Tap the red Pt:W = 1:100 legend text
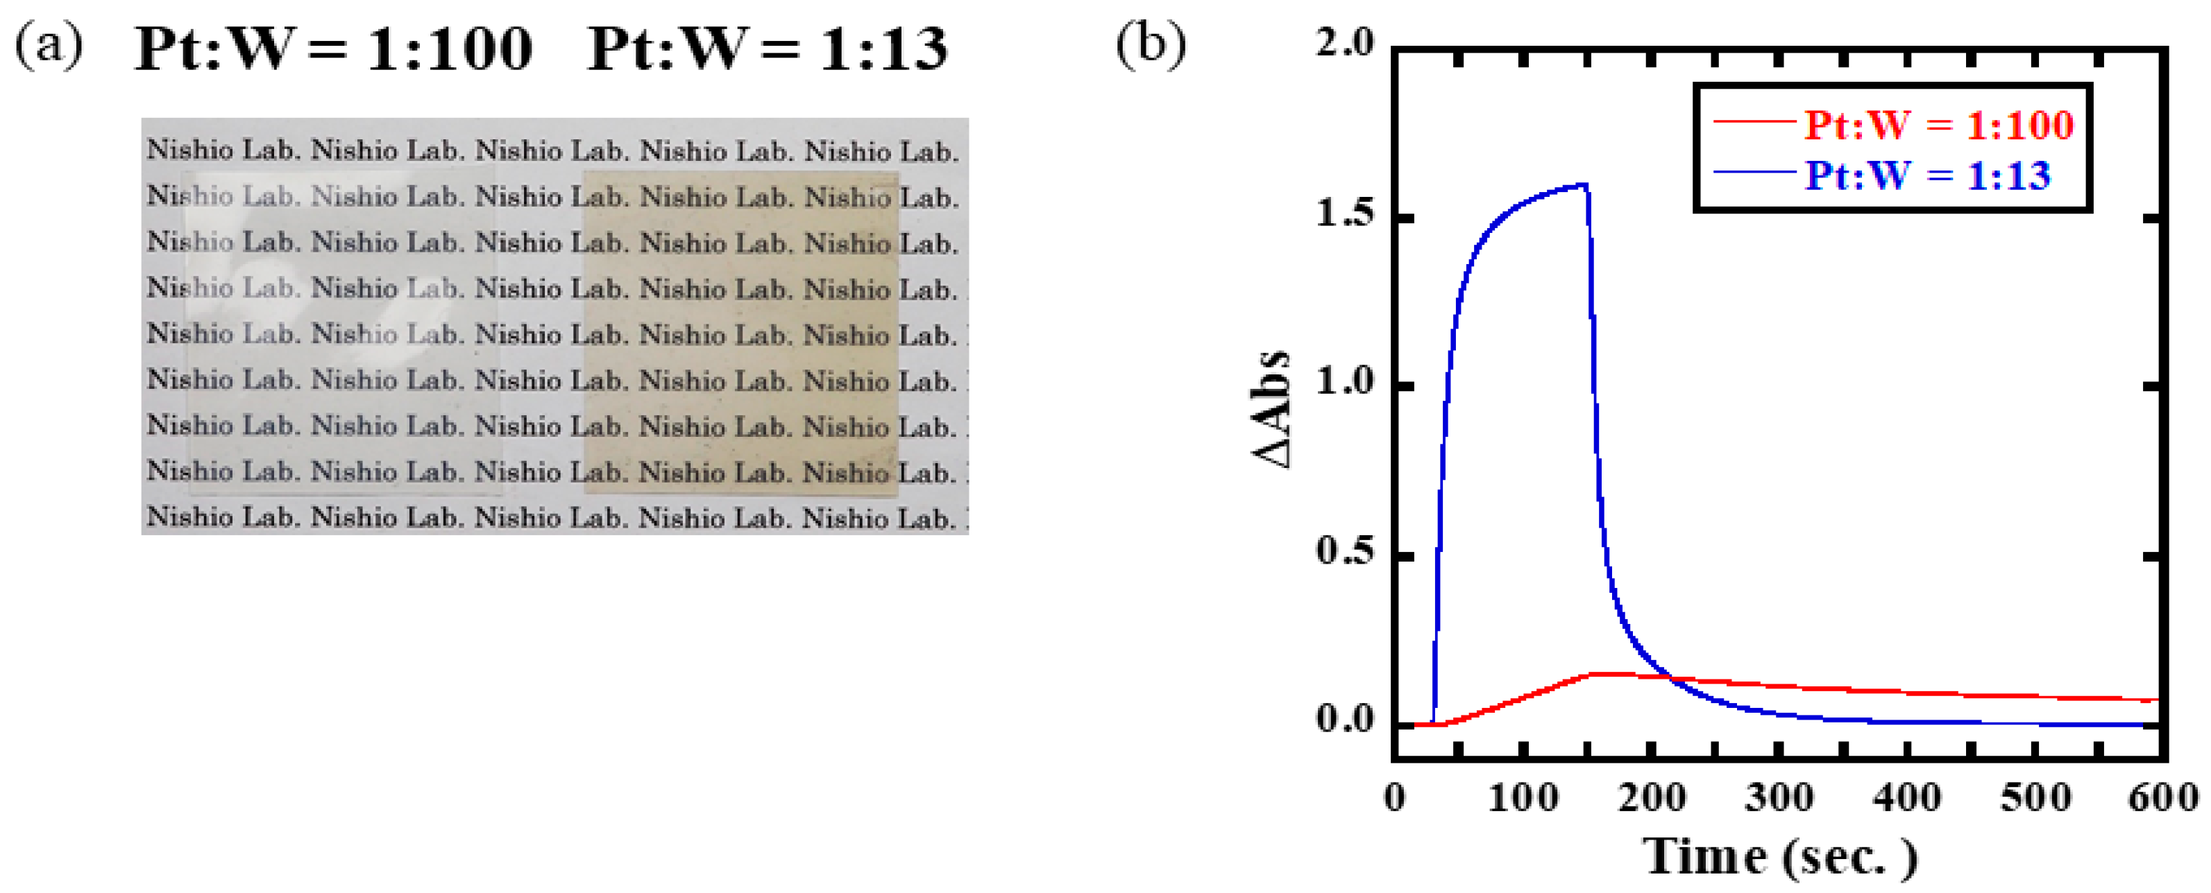(1938, 125)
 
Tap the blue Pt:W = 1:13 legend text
(1927, 176)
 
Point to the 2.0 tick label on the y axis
(1345, 43)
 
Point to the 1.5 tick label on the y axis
(1345, 214)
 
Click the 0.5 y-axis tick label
(1345, 552)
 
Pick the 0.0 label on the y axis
(1345, 720)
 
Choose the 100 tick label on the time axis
(1523, 799)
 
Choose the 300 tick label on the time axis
(1779, 799)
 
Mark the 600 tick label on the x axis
(2163, 799)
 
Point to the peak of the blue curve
(1584, 184)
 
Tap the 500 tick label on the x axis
(2035, 799)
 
